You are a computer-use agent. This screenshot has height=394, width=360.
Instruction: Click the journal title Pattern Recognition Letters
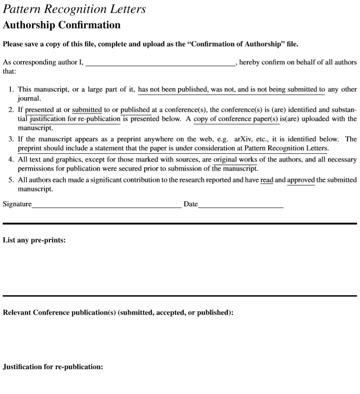coord(74,9)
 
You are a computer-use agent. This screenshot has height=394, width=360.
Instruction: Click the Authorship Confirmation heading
coord(62,25)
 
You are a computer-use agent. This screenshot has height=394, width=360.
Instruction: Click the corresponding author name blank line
coord(160,65)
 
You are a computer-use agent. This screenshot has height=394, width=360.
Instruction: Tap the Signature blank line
coord(107,206)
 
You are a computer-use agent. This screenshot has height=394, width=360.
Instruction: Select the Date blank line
coord(241,206)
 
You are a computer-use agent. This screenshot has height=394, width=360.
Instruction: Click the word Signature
coord(17,204)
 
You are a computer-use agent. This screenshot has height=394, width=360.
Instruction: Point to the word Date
coord(190,204)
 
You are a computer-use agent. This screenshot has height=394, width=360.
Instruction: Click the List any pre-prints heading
coord(34,240)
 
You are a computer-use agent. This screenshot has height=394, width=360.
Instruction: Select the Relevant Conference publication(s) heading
coord(118,313)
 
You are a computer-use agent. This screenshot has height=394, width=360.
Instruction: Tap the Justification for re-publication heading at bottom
coord(53,367)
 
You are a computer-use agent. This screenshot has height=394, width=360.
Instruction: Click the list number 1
coord(11,90)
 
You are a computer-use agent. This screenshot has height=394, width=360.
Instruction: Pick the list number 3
coord(11,139)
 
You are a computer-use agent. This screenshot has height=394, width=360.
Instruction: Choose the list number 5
coord(11,180)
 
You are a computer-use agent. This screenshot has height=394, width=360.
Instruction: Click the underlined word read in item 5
coord(267,180)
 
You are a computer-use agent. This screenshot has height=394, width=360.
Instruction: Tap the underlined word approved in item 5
coord(301,180)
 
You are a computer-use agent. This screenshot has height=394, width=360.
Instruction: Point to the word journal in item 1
coord(29,98)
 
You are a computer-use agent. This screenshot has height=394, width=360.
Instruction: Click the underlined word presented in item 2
coord(39,110)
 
